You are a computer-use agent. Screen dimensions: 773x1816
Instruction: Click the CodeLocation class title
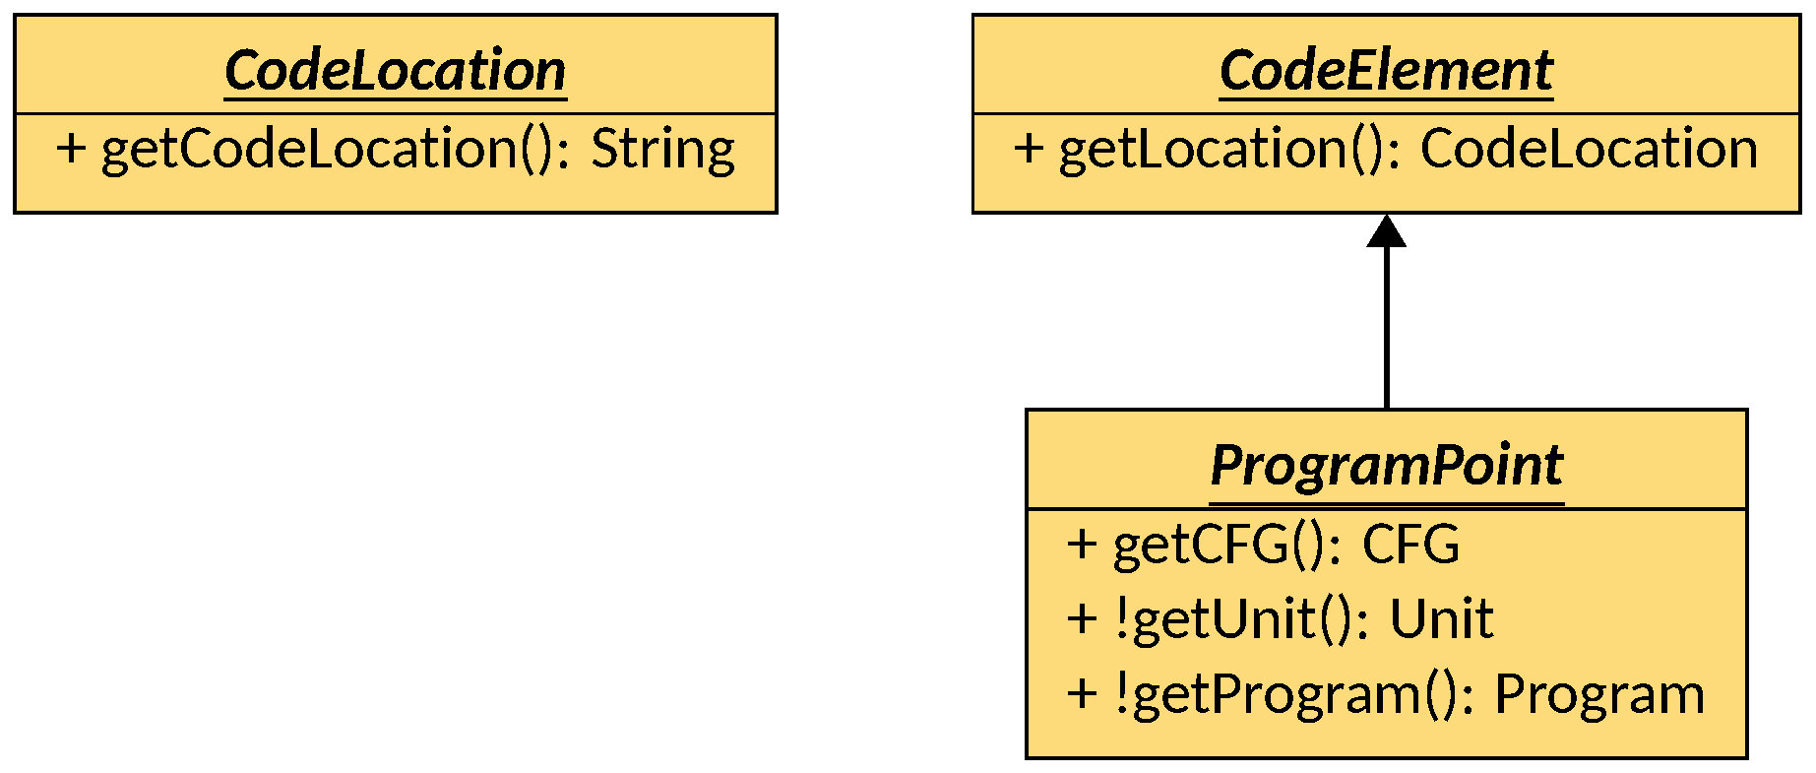click(395, 71)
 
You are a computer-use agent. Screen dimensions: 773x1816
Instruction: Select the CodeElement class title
click(1386, 71)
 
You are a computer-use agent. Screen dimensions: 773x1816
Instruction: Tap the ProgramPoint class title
click(1386, 465)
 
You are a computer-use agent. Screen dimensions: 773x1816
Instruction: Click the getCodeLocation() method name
click(335, 150)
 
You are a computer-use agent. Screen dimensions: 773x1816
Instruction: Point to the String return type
click(662, 150)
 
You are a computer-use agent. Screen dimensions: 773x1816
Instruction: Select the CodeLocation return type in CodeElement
click(1589, 150)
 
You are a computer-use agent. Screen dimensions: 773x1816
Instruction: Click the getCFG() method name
click(1226, 545)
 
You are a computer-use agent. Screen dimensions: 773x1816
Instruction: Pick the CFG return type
click(1410, 545)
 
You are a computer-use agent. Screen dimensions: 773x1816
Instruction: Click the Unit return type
click(1441, 619)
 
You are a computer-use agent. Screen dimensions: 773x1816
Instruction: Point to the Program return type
click(1599, 694)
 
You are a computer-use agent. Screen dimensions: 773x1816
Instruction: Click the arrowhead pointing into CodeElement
click(1386, 231)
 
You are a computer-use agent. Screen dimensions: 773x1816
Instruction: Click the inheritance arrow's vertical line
click(1386, 325)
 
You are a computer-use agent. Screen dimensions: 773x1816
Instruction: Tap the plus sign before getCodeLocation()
click(71, 150)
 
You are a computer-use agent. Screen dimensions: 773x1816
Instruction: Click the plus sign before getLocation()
click(1029, 150)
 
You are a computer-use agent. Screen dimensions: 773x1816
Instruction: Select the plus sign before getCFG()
click(1082, 545)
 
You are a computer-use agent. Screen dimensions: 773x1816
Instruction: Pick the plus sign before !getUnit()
click(1082, 619)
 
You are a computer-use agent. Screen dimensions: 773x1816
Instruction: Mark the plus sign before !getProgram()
click(1082, 694)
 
